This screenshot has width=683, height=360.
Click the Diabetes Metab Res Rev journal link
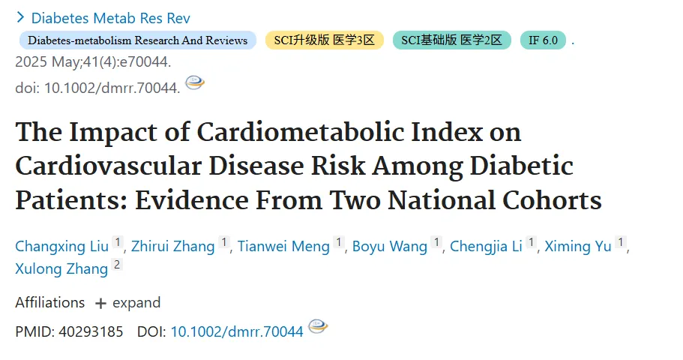tap(111, 18)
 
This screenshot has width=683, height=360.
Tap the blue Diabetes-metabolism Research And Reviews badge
tap(138, 40)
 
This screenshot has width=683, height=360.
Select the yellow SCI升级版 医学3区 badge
tap(325, 40)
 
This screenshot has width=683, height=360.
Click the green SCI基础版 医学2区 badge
tap(451, 40)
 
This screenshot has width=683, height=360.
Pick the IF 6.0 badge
tap(544, 40)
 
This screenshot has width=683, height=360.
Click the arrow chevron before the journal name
tap(20, 17)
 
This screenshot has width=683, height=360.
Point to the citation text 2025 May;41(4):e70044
tap(93, 62)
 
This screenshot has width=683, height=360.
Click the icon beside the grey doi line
tap(195, 82)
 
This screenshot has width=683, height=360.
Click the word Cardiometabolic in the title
tap(301, 131)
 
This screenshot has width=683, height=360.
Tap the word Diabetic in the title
tap(521, 166)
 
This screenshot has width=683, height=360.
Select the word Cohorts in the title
tap(552, 200)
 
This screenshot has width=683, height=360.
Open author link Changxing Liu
tap(62, 246)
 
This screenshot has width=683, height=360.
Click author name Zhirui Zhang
tap(173, 246)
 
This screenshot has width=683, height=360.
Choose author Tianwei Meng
tap(283, 246)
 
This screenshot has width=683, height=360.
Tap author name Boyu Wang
tap(389, 246)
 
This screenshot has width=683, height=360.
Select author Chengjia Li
tap(486, 246)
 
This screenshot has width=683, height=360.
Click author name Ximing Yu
tap(578, 246)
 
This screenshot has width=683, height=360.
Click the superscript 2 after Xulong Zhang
tap(117, 265)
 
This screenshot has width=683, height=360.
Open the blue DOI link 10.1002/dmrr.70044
tap(237, 331)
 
